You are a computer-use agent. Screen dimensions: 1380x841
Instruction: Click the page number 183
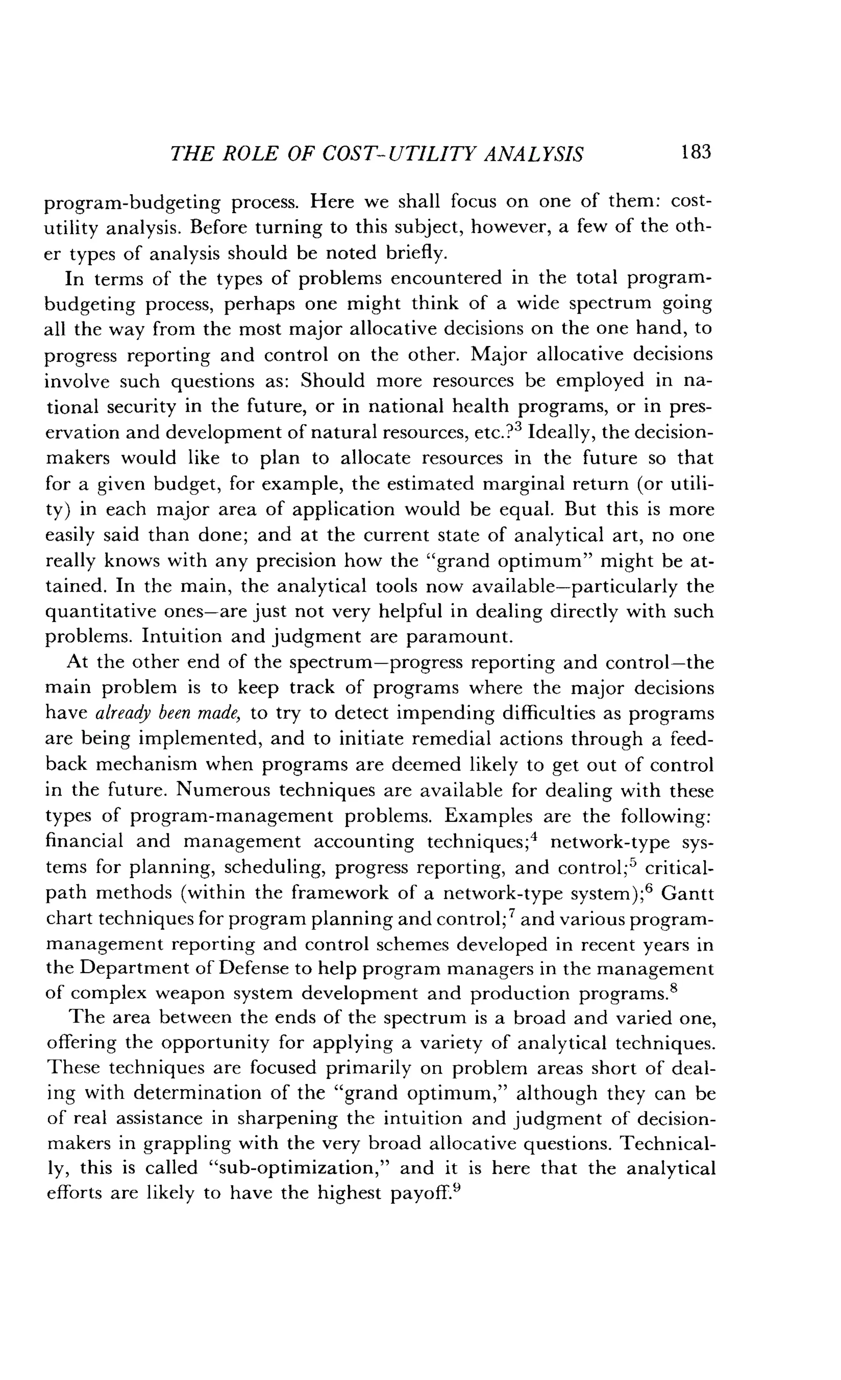(695, 152)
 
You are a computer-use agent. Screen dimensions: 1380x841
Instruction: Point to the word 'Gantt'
(687, 893)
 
